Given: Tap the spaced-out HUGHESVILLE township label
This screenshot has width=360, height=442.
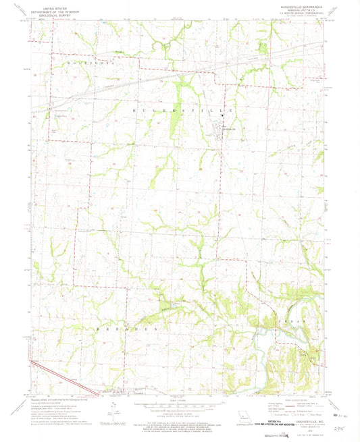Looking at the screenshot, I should click(183, 109).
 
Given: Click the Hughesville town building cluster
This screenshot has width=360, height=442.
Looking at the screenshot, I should click(222, 128).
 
